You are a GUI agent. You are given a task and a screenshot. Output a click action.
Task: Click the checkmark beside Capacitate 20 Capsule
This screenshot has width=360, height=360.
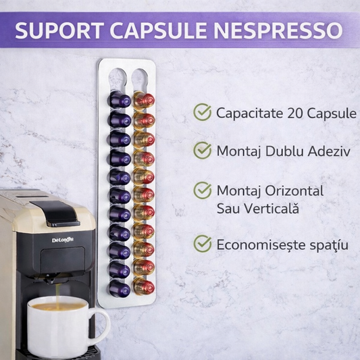coord(203,112)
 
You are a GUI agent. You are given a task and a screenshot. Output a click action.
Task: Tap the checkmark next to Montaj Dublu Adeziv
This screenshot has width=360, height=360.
coord(203,150)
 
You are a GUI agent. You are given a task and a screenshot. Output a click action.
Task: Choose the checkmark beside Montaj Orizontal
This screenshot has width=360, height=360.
coord(203,191)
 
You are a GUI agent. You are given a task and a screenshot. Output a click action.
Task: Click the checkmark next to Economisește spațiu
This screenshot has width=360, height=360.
coord(203,243)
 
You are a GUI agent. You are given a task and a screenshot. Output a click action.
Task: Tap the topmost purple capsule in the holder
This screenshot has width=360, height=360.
coord(120,99)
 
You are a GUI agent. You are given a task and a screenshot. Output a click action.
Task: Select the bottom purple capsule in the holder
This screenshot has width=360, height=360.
coord(120,288)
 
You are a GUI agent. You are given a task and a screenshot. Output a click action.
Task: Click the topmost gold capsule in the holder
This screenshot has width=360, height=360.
coord(143,99)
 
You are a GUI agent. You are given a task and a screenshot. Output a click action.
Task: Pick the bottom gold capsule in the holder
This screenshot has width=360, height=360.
coord(143,287)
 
